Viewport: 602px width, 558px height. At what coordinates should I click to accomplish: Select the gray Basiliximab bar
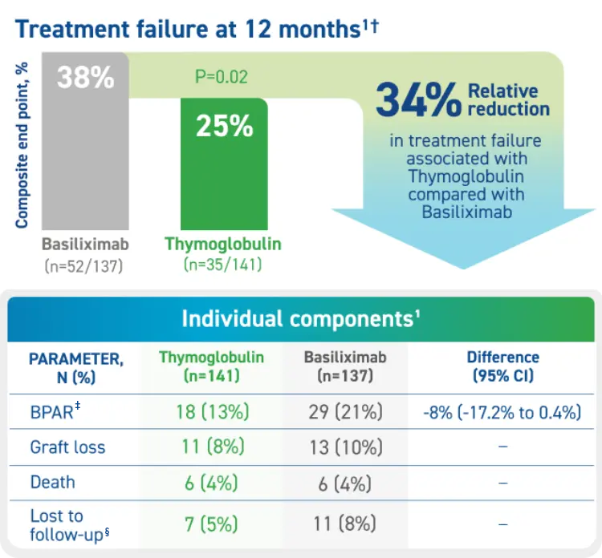(x=85, y=160)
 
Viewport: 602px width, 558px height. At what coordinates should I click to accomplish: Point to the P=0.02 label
(x=222, y=77)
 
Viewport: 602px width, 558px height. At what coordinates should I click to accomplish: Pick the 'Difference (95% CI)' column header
(x=503, y=366)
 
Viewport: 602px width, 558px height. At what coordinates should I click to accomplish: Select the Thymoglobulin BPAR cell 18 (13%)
(x=213, y=412)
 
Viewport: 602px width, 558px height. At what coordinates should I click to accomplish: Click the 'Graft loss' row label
(x=68, y=447)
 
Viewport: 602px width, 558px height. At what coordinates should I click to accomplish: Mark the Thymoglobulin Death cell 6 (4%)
(x=213, y=483)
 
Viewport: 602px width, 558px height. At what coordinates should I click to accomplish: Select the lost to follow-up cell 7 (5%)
(x=213, y=524)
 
